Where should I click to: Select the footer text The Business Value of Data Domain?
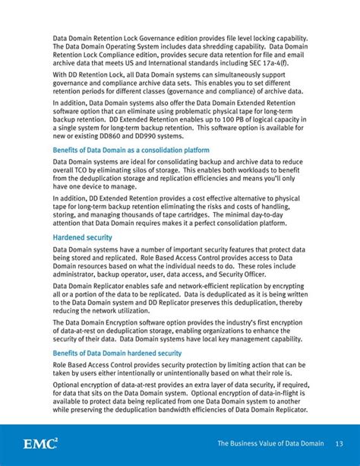pyautogui.click(x=270, y=443)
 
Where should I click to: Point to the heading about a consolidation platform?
pyautogui.click(x=131, y=151)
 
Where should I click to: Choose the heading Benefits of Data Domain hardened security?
pyautogui.click(x=117, y=353)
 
